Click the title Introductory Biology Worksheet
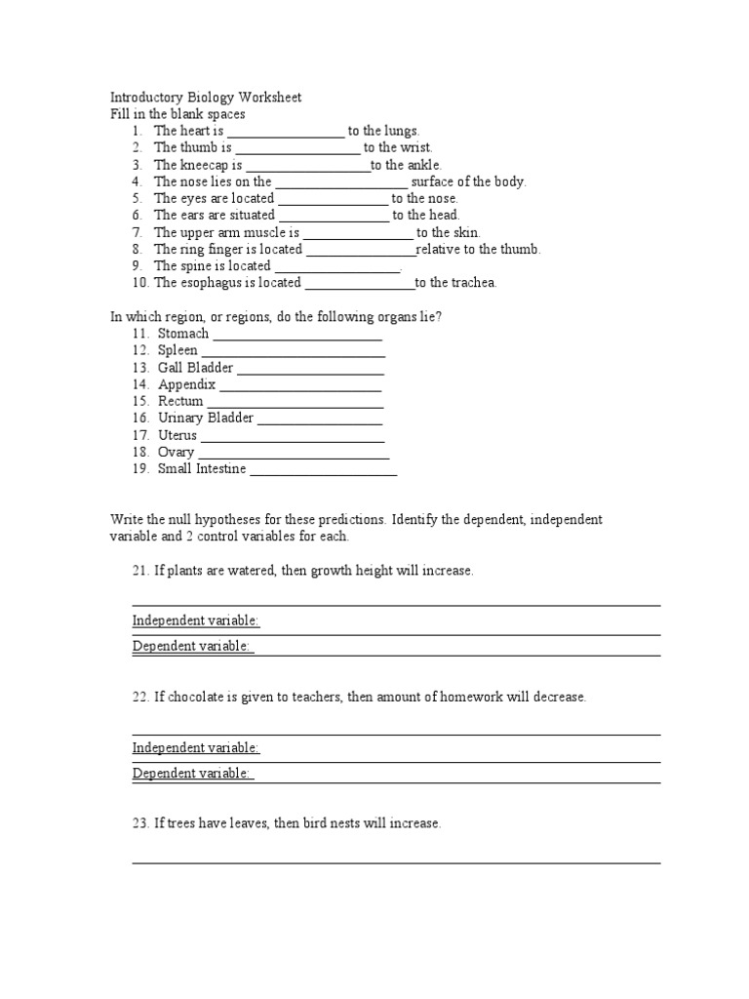click(206, 98)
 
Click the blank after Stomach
click(296, 335)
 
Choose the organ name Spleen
click(177, 350)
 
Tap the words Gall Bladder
click(195, 368)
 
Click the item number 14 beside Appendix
click(140, 384)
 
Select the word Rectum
click(180, 401)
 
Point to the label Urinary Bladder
click(205, 418)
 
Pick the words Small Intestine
click(202, 469)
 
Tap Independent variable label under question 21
click(196, 620)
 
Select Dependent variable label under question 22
click(192, 774)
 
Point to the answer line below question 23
click(396, 861)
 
